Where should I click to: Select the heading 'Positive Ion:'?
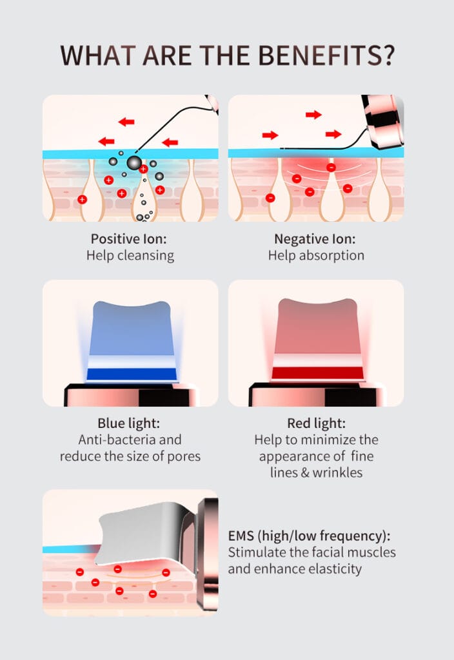pyautogui.click(x=129, y=239)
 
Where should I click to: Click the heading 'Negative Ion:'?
pyautogui.click(x=315, y=239)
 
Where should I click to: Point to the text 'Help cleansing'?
pyautogui.click(x=130, y=255)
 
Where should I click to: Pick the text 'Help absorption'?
pyautogui.click(x=316, y=255)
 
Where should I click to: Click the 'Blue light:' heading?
pyautogui.click(x=129, y=423)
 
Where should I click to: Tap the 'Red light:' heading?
pyautogui.click(x=316, y=423)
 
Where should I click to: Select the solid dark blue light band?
pyautogui.click(x=132, y=374)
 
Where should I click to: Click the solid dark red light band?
pyautogui.click(x=317, y=373)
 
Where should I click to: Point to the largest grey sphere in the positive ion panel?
pyautogui.click(x=134, y=162)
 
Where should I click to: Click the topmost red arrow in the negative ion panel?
pyautogui.click(x=314, y=115)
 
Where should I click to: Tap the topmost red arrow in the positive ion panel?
pyautogui.click(x=126, y=122)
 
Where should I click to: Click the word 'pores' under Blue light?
pyautogui.click(x=184, y=457)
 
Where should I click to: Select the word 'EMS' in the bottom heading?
pyautogui.click(x=241, y=536)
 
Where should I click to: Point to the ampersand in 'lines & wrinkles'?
pyautogui.click(x=305, y=472)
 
